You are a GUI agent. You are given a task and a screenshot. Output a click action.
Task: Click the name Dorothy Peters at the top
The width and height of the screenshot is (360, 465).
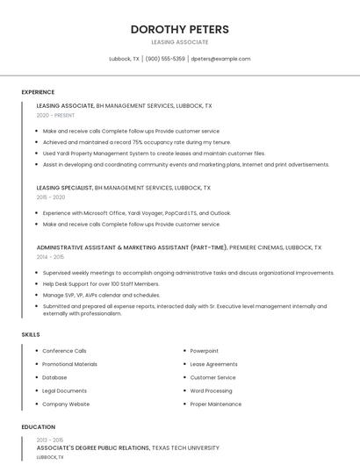tap(179, 29)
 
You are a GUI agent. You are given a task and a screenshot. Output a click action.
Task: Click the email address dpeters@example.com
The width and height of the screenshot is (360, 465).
tap(220, 59)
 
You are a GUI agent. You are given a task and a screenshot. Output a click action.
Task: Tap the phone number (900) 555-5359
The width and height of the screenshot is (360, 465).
tap(165, 59)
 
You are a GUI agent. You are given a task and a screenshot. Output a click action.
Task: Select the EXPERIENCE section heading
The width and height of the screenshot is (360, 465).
tap(38, 92)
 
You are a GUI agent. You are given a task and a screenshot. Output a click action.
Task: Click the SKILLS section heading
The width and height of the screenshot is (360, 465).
tap(31, 334)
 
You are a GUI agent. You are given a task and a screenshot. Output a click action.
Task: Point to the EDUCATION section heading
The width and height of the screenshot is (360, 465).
tap(39, 427)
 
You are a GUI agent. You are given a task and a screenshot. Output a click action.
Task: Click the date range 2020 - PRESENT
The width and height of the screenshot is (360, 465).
tap(55, 115)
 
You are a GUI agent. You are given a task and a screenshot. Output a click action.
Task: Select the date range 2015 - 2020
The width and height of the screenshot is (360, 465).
tap(50, 197)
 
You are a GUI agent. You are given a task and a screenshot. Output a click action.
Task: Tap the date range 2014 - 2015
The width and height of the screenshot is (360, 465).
tap(50, 257)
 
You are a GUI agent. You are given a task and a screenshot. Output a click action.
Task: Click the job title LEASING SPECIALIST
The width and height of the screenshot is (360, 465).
tap(65, 188)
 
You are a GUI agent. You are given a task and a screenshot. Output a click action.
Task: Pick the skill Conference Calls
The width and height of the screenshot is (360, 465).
tap(64, 351)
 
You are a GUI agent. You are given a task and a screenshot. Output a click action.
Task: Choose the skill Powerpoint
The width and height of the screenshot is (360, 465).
tap(205, 351)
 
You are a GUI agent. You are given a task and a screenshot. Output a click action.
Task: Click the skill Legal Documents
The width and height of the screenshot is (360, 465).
tap(64, 390)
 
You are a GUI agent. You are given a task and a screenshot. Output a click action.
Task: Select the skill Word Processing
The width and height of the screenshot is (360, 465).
tap(211, 390)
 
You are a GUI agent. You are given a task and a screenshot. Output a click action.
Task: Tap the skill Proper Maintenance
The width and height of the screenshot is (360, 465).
tap(215, 404)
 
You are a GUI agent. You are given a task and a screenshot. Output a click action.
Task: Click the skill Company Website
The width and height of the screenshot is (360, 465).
tap(66, 404)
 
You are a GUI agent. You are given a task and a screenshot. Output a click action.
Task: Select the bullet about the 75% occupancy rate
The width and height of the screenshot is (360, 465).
tap(136, 142)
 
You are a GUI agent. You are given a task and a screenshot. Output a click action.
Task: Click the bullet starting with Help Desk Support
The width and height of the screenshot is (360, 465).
tap(101, 284)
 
